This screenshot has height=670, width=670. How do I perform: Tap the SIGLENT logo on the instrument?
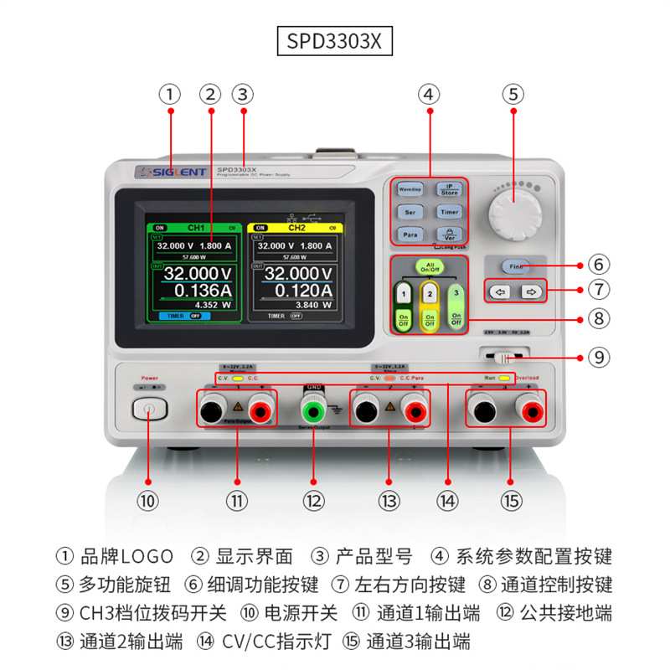[x=171, y=173]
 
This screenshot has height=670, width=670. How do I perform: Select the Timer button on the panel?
[x=450, y=213]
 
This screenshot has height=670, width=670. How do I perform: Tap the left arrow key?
[x=501, y=292]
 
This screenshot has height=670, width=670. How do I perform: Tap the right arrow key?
[x=529, y=292]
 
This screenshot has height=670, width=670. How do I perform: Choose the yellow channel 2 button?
[x=430, y=294]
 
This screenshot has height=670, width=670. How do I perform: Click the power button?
[x=149, y=410]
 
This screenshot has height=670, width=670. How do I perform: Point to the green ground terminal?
[x=313, y=410]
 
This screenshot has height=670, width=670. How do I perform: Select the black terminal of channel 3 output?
[x=482, y=410]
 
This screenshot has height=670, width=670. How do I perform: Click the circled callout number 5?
[x=513, y=95]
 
